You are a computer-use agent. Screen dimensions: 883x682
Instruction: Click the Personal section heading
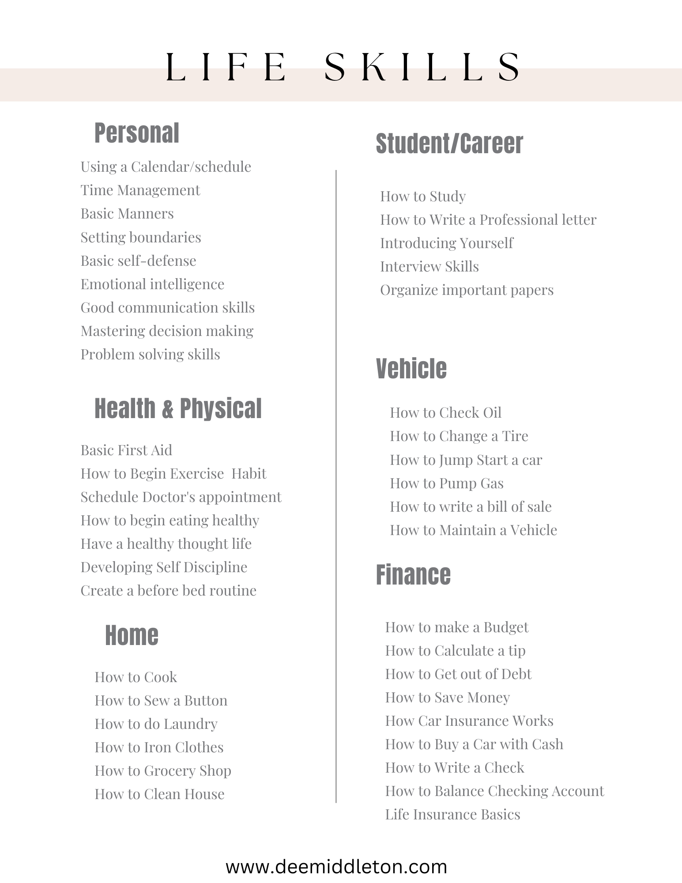coord(136,133)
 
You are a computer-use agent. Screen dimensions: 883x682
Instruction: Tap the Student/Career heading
coord(449,144)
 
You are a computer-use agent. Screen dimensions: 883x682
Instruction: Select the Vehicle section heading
coord(411,369)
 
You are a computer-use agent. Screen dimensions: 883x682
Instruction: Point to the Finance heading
coord(413,575)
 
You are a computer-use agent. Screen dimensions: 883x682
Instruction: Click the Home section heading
coord(132,635)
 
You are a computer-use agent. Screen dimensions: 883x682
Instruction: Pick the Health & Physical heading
coord(178,408)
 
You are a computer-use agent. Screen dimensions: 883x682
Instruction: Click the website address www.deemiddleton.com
coord(336,867)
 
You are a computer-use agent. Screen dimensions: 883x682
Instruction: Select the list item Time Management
coord(140,190)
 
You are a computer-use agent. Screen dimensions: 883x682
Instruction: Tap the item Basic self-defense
coord(138,261)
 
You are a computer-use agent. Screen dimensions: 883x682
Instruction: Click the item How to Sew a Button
coord(161,701)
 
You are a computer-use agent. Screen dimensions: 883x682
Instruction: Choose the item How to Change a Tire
coord(459,436)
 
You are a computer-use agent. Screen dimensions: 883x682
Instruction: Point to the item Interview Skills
coord(429,267)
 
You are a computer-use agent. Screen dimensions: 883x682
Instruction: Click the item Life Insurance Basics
coord(452,815)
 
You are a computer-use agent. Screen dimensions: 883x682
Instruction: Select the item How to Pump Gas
coord(446,483)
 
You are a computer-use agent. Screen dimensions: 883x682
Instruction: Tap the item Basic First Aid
coord(126,450)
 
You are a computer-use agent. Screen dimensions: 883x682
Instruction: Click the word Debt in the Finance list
coord(516,674)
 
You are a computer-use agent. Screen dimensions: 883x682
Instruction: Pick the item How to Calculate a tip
coord(455,651)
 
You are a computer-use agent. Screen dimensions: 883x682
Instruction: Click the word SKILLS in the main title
coord(422,67)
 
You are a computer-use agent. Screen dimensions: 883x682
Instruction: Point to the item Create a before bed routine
coord(168,591)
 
